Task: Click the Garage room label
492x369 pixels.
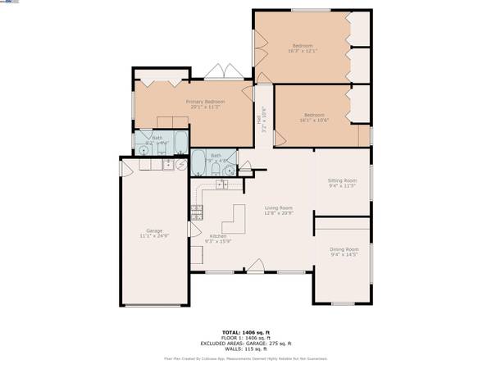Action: coord(154,230)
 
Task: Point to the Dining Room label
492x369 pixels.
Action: coord(344,248)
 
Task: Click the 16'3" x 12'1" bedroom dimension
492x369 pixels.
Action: coord(303,51)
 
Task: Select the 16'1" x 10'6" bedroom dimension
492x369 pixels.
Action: coord(315,121)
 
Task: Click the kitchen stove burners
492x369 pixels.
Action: coord(197,215)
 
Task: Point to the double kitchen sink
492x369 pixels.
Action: coord(222,184)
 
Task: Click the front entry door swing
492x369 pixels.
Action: coord(256,264)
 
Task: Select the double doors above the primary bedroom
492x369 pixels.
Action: coord(218,72)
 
